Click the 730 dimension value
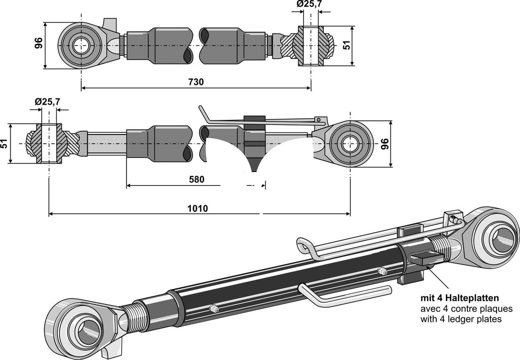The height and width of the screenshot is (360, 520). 196,82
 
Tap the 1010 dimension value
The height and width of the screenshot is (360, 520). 198,208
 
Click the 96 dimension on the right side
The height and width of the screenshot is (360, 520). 398,144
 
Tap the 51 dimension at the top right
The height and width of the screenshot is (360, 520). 347,45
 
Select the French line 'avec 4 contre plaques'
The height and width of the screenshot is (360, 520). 466,309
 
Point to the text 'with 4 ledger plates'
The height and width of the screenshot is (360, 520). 461,319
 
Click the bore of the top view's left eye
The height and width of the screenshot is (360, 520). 81,45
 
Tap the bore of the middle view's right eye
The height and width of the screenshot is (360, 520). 350,144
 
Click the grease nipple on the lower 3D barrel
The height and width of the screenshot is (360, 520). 214,309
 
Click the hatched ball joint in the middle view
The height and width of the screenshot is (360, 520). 49,144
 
